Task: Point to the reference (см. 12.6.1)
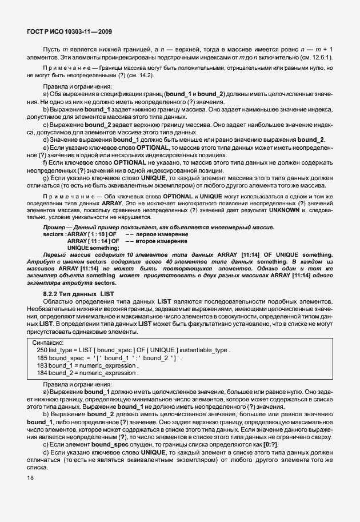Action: click(317, 58)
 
